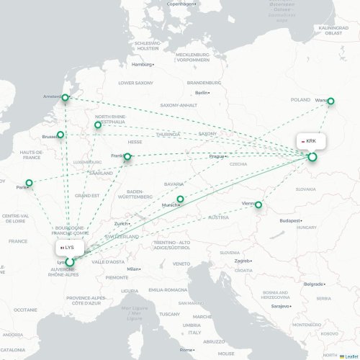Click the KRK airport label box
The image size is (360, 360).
[310, 141]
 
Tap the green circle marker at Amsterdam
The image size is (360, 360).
[66, 97]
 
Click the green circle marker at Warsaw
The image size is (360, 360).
[331, 102]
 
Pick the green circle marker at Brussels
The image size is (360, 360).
[60, 135]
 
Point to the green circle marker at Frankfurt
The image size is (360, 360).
[128, 156]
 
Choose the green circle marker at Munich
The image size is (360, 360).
[181, 199]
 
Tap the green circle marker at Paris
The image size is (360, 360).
[30, 183]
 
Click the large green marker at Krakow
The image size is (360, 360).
[312, 156]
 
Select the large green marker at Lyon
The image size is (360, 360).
[70, 262]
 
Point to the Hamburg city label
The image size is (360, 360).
[143, 65]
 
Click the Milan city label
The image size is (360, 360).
[132, 269]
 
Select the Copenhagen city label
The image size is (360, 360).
[181, 4]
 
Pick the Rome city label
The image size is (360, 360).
[186, 349]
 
